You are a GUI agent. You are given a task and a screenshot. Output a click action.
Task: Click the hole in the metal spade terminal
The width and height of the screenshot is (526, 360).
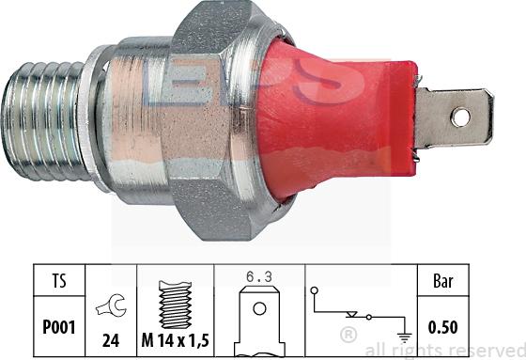click(458, 117)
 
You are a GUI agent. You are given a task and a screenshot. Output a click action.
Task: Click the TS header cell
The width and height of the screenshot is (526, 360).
click(59, 280)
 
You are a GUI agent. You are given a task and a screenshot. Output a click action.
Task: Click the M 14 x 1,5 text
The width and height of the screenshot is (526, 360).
click(176, 332)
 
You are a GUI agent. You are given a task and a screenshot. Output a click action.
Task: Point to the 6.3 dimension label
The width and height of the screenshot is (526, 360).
click(259, 278)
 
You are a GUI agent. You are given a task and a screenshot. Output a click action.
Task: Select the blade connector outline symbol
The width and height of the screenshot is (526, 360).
click(259, 315)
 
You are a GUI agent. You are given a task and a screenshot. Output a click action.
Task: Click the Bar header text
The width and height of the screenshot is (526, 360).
click(441, 280)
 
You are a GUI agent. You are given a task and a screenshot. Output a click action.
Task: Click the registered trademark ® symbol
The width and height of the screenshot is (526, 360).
click(347, 335)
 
